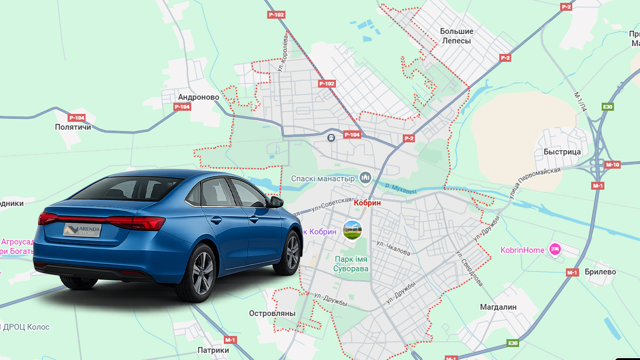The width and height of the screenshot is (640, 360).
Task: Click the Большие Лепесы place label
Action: pyautogui.click(x=456, y=36)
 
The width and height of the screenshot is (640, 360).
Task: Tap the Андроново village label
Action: pyautogui.click(x=198, y=97)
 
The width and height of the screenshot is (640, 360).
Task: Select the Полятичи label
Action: pyautogui.click(x=73, y=127)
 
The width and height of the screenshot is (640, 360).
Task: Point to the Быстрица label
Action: pyautogui.click(x=562, y=151)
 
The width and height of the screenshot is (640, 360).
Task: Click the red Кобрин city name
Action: pyautogui.click(x=367, y=203)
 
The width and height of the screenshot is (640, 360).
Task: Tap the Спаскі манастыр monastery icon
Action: pyautogui.click(x=365, y=177)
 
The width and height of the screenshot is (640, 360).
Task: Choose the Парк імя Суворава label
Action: pyautogui.click(x=351, y=264)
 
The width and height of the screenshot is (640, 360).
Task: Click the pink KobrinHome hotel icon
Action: pyautogui.click(x=554, y=249)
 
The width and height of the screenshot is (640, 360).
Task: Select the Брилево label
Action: pyautogui.click(x=600, y=272)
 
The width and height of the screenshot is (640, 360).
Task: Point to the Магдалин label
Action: pyautogui.click(x=498, y=306)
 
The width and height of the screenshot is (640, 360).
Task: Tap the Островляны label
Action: pyautogui.click(x=272, y=313)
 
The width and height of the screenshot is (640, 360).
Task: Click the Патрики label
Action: pyautogui.click(x=213, y=350)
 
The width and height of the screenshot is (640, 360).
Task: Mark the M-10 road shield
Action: pyautogui.click(x=612, y=165)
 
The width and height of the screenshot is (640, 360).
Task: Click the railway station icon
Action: pyautogui.click(x=330, y=137)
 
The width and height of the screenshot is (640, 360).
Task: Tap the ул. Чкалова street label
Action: pyautogui.click(x=393, y=247)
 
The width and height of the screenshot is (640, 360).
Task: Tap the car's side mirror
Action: pyautogui.click(x=276, y=202)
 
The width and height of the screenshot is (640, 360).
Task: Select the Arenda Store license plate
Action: pyautogui.click(x=82, y=230)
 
